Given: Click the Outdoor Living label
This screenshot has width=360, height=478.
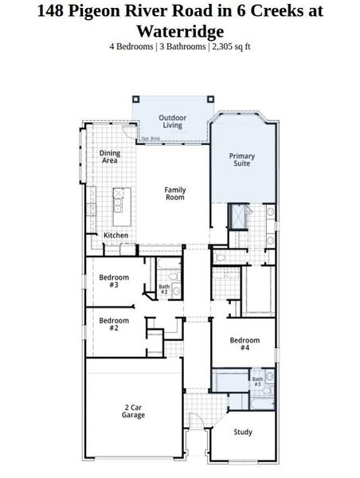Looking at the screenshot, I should (172, 121).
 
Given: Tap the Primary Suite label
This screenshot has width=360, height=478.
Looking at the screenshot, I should (242, 160).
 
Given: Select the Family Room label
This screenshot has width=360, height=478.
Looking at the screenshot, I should (174, 194).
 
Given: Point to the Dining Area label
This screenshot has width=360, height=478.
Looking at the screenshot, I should (110, 156).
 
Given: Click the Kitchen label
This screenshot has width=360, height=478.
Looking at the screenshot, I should (116, 236).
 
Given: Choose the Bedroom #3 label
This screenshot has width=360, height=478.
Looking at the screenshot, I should (109, 281).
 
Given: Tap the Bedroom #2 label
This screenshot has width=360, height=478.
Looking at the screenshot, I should (109, 324).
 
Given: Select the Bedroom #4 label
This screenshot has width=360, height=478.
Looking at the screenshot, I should (240, 345).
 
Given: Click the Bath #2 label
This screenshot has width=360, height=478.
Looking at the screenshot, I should (164, 289).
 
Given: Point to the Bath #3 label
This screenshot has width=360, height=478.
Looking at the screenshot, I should (258, 382).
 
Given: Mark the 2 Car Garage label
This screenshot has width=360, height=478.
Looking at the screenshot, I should (133, 411).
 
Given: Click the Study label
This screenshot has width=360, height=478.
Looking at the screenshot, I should (243, 432).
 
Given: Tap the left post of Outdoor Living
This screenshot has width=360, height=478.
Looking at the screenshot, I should (135, 100).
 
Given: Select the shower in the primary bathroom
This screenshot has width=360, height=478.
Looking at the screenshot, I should (237, 217).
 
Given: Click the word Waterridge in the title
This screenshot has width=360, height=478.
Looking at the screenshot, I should (179, 31).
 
